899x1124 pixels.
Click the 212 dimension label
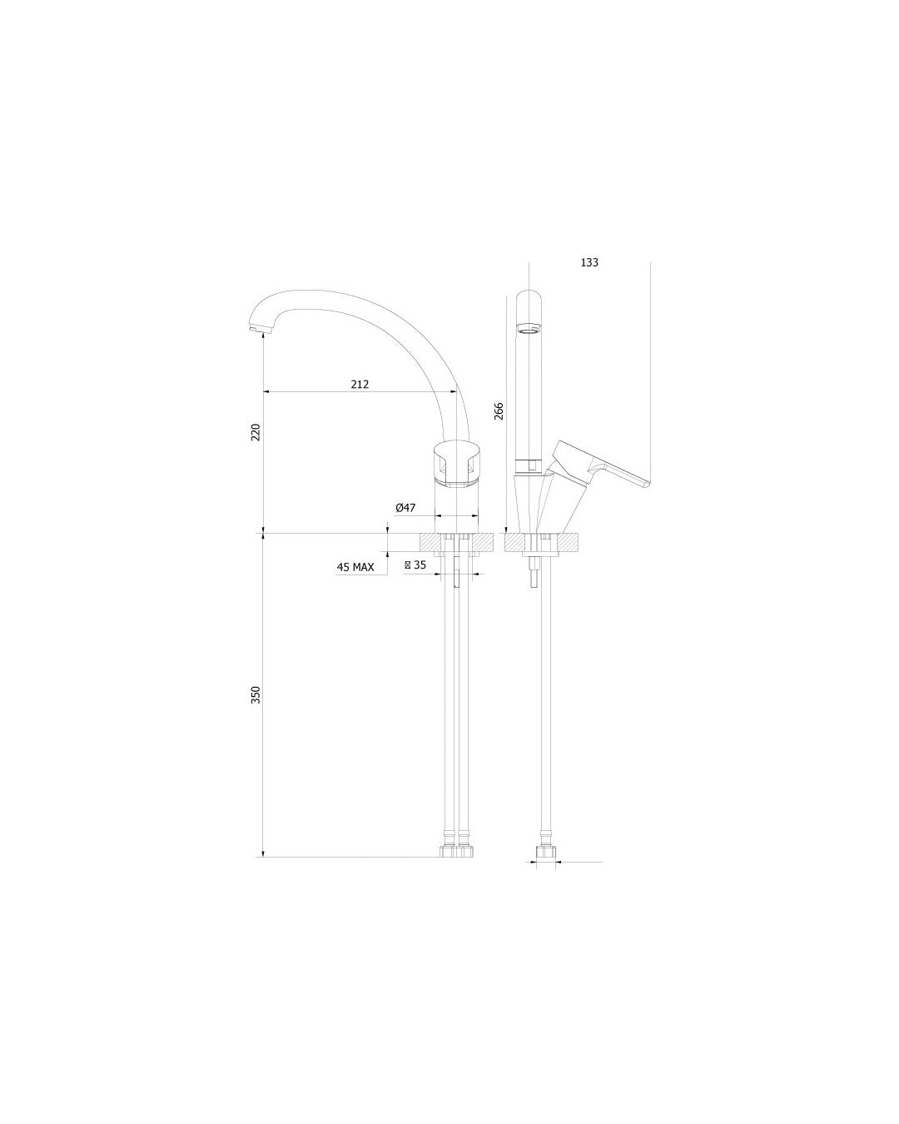(360, 385)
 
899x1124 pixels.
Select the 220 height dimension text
(256, 432)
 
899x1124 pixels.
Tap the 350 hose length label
(256, 694)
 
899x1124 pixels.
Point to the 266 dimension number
(499, 411)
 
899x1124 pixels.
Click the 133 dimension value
(589, 262)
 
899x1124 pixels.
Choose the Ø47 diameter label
(406, 507)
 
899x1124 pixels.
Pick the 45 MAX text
(355, 567)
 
